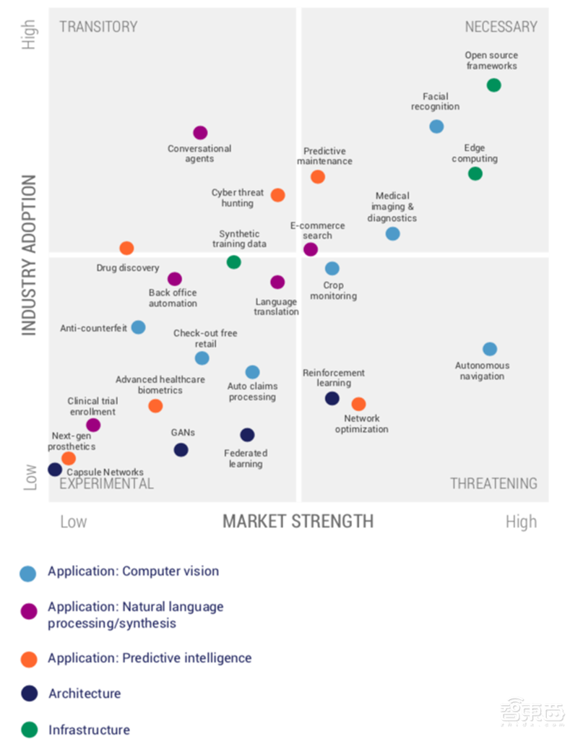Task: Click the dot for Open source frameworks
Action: click(x=493, y=85)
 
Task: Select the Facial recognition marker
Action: click(x=436, y=126)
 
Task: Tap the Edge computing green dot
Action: click(x=475, y=173)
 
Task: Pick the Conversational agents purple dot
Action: click(x=200, y=133)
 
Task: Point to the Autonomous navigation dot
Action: click(x=490, y=349)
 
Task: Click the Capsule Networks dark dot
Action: click(x=55, y=470)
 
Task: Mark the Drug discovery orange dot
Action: click(x=126, y=249)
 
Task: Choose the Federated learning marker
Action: click(x=247, y=435)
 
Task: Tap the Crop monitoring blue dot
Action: click(x=332, y=269)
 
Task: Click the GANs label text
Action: click(x=183, y=433)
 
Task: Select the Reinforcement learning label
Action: click(x=334, y=378)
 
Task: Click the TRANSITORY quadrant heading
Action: click(x=98, y=27)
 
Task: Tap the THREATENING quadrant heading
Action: click(x=493, y=483)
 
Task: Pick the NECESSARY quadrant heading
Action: click(x=501, y=27)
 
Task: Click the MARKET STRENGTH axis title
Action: click(x=298, y=521)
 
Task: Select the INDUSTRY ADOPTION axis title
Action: click(x=28, y=255)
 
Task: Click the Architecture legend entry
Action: click(x=85, y=693)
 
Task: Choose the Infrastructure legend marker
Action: click(x=29, y=730)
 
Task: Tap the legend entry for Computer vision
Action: click(x=133, y=571)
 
